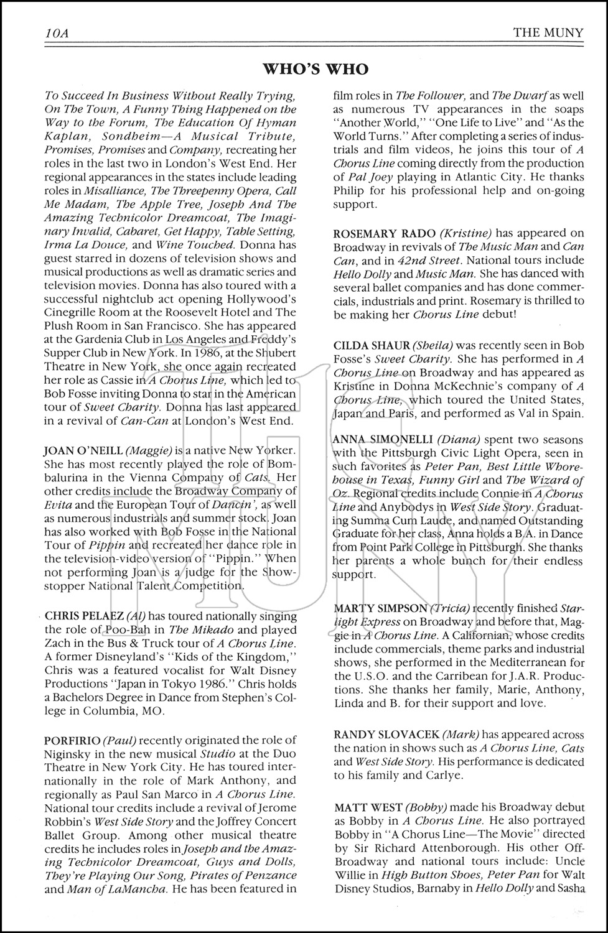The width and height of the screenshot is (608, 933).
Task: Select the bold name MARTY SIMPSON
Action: (380, 608)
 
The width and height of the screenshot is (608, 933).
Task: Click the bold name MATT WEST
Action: (368, 808)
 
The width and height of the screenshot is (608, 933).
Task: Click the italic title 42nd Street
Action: (429, 261)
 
